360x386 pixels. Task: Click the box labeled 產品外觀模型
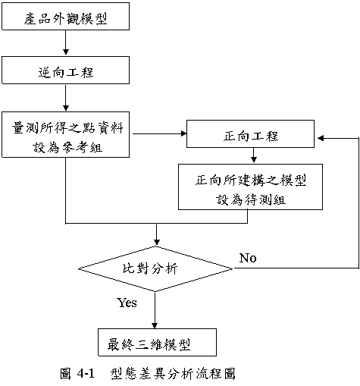[66, 17]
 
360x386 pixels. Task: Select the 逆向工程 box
[66, 71]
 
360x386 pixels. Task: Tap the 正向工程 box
[250, 134]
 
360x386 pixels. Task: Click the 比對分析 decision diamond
[155, 268]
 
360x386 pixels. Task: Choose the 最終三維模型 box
[157, 343]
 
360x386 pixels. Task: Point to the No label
[248, 258]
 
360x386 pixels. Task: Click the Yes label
[127, 303]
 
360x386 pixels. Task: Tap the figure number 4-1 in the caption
[86, 373]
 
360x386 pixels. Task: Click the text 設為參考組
[67, 148]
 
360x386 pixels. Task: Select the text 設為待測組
[251, 199]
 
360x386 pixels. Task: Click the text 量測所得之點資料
[67, 128]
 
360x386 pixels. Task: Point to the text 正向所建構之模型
[251, 180]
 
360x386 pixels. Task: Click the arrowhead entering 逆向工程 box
[66, 52]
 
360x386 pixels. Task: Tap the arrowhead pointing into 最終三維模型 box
[155, 325]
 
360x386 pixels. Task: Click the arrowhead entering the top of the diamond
[157, 242]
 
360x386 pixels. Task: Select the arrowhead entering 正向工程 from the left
[183, 133]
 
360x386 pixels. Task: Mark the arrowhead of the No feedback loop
[321, 138]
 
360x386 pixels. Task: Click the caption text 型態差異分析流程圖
[174, 374]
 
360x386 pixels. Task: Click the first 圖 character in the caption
[66, 374]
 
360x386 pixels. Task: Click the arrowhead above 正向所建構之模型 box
[254, 160]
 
